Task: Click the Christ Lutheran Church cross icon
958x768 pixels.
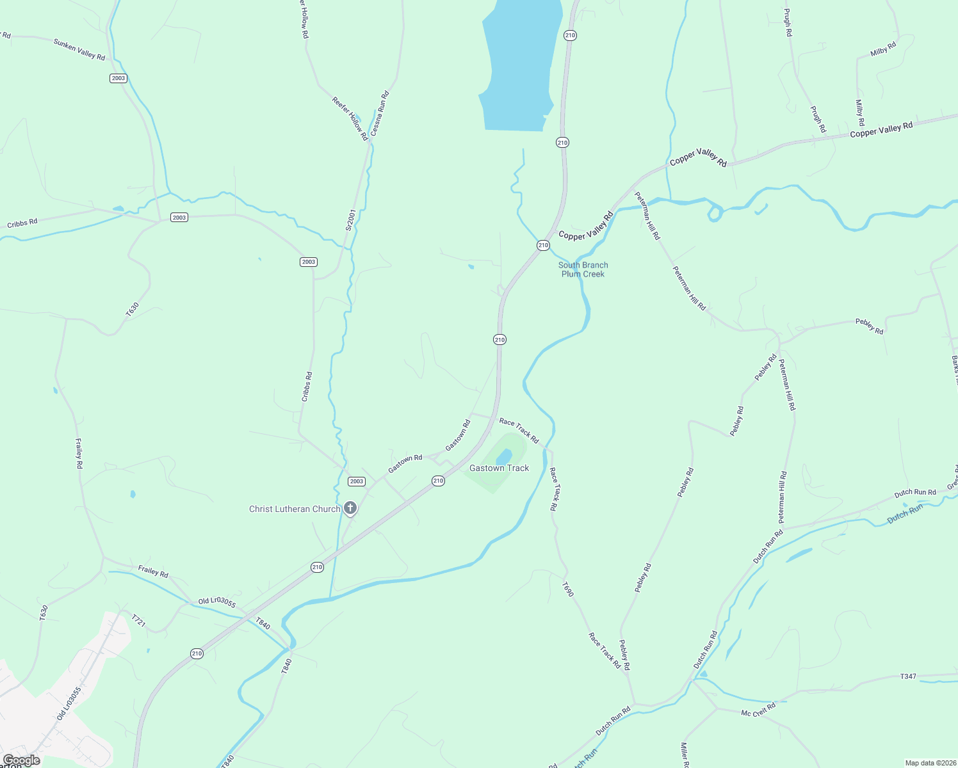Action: pos(350,509)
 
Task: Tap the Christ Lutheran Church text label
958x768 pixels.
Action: pos(295,509)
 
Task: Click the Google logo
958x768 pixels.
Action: pos(21,760)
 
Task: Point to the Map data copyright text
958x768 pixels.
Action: pos(930,763)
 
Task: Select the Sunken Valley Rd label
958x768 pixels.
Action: pos(79,50)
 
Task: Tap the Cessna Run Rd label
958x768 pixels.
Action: pos(380,112)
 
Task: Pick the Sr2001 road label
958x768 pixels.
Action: pos(350,220)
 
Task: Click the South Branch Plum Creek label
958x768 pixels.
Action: pos(583,269)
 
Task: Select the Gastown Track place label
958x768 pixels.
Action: pos(499,468)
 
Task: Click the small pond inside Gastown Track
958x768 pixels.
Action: pos(504,456)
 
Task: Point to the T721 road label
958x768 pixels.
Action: pos(139,620)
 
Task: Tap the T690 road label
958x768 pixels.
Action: pos(568,589)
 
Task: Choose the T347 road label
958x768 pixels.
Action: pos(908,676)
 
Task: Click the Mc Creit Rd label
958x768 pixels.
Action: pos(758,710)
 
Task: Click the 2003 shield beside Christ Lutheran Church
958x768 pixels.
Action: pos(357,481)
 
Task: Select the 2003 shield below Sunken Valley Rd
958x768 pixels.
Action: pos(118,78)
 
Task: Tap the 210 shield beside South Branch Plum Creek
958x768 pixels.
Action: pos(543,245)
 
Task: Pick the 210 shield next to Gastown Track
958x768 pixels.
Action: pos(438,481)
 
